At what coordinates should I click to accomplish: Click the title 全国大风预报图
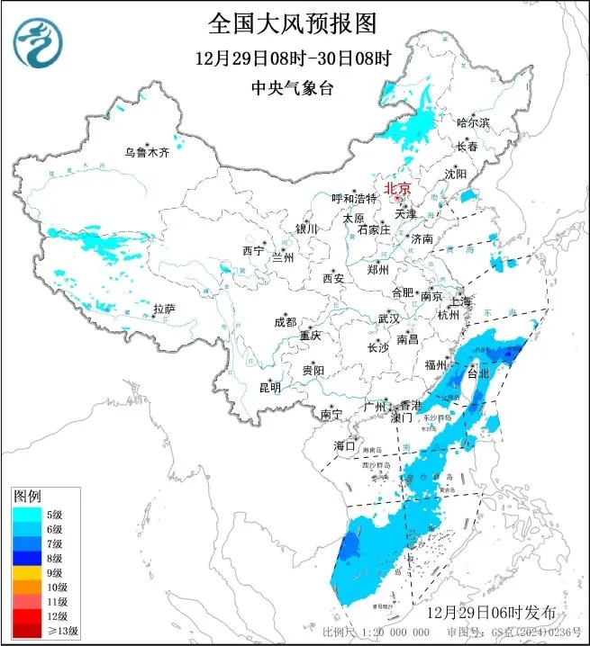(x=294, y=22)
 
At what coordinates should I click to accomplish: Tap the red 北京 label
(x=397, y=188)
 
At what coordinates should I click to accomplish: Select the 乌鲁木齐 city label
(x=147, y=152)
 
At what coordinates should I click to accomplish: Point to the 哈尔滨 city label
(x=473, y=122)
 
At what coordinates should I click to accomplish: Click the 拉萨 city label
(x=163, y=309)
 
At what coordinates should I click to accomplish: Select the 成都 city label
(x=286, y=322)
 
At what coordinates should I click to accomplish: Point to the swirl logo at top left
(x=39, y=43)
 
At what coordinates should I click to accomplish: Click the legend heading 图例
(x=27, y=496)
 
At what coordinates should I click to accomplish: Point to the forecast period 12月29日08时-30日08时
(x=294, y=58)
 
